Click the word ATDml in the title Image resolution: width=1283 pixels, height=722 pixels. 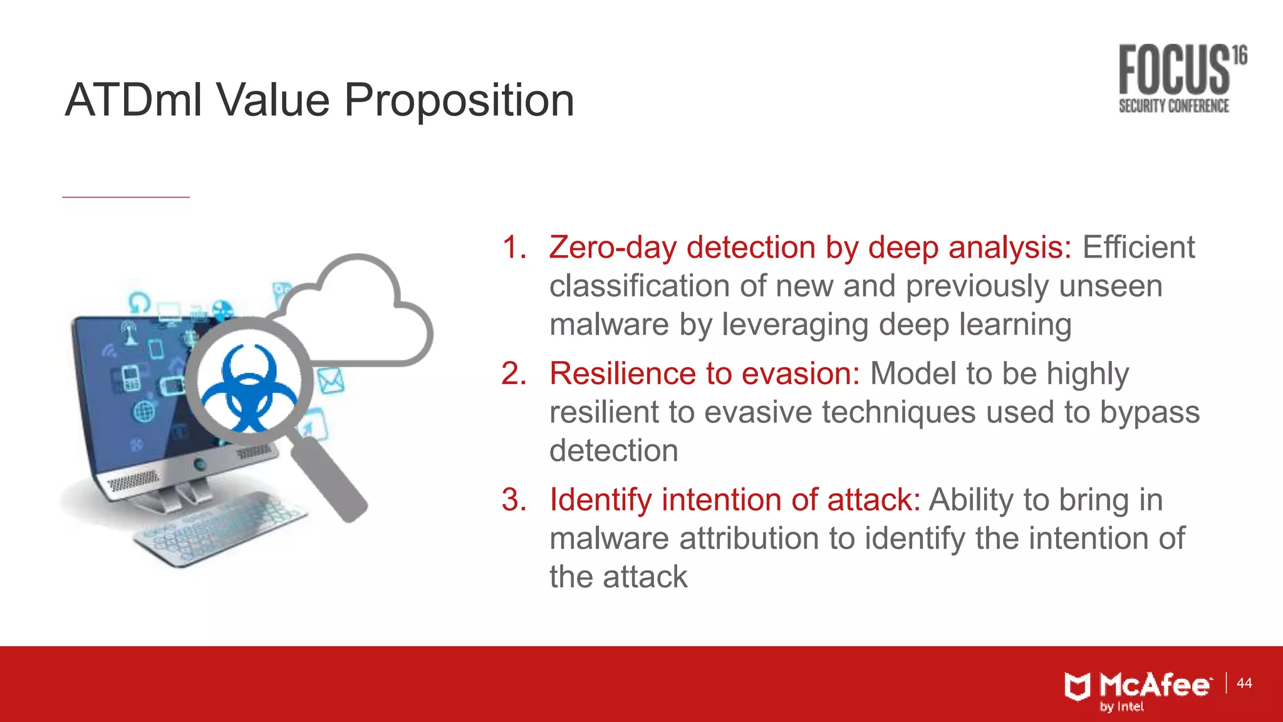pos(134,100)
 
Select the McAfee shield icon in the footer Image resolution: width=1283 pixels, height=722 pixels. pos(1078,687)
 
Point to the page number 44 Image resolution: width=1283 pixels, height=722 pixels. pos(1244,683)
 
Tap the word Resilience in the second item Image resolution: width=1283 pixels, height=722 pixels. pos(623,374)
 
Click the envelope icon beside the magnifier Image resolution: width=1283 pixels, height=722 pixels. pos(330,380)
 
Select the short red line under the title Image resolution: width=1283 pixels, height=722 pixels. pos(125,197)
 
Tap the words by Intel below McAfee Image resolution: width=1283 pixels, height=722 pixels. pos(1121,707)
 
